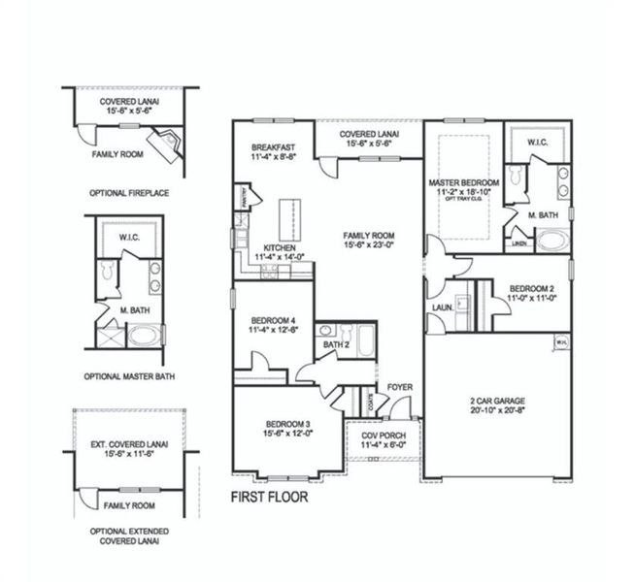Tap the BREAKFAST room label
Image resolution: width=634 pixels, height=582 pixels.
273,147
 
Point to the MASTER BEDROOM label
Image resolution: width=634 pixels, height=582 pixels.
463,182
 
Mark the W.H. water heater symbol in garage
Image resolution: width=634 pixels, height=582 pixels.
561,342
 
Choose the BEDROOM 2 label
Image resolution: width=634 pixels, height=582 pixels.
531,289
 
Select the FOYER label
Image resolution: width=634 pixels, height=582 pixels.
400,387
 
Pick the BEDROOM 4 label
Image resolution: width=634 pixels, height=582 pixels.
273,320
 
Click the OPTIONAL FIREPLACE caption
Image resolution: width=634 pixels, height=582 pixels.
129,193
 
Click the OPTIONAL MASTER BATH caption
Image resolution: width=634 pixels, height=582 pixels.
129,376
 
